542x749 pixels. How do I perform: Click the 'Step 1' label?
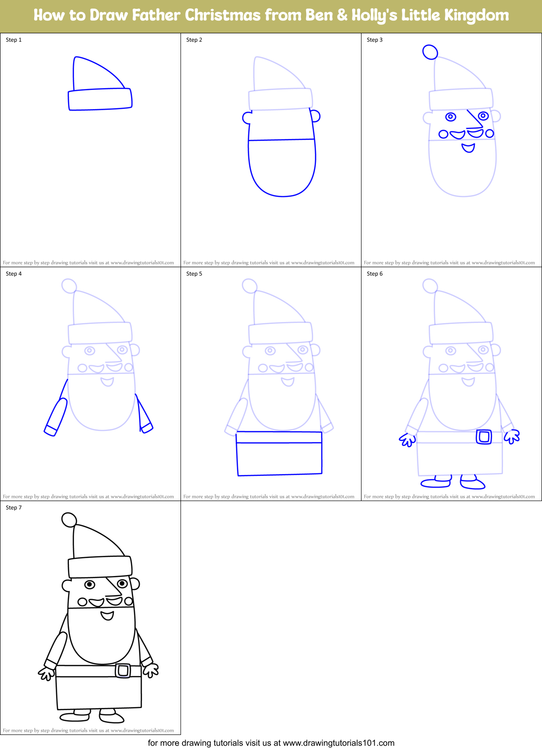pos(14,40)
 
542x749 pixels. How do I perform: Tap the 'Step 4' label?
pos(14,274)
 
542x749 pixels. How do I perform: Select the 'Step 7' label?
pos(14,508)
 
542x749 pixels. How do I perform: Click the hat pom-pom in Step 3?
pos(430,52)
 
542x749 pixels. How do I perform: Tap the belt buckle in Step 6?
pos(483,437)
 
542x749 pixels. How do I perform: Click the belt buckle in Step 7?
pos(123,671)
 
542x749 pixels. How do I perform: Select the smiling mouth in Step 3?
pos(468,148)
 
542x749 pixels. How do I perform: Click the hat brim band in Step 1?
pos(100,99)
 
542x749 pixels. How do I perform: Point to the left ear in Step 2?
pos(247,118)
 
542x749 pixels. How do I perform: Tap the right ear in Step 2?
pos(316,115)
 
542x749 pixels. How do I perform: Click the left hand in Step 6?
pos(407,440)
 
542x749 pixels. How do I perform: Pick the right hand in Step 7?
pos(151,671)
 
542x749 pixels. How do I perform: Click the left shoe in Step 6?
pos(436,482)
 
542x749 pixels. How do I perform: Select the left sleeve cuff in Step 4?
pos(51,430)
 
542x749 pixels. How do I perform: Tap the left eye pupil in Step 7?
pos(90,584)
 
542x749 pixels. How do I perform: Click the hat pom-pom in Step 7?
pos(69,520)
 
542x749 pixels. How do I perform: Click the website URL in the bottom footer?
pos(339,743)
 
